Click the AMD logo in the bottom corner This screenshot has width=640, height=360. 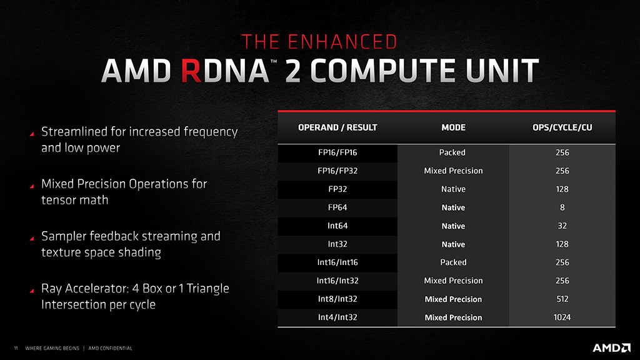point(611,347)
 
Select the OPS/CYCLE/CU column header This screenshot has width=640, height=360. point(562,127)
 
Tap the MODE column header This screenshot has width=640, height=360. point(453,127)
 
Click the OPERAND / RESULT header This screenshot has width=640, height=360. point(337,127)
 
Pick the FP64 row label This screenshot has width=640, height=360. point(337,207)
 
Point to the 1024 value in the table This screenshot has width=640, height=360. point(562,317)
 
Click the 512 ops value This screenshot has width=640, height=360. point(562,299)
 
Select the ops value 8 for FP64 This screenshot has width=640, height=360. point(562,207)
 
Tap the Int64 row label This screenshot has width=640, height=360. point(337,226)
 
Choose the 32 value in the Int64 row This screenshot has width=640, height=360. point(562,226)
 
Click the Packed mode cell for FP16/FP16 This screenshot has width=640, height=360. point(452,152)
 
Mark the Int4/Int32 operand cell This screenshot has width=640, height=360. point(337,317)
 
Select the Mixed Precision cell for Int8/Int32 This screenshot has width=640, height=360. point(453,299)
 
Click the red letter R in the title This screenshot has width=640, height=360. point(191,71)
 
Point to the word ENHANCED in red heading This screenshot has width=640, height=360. point(342,42)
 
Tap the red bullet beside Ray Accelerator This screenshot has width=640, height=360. point(31,291)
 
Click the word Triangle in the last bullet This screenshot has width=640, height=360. point(207,289)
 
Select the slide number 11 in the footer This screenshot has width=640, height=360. point(16,348)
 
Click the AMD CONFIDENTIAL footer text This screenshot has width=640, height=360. point(110,348)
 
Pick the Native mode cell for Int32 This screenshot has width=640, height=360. point(453,244)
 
